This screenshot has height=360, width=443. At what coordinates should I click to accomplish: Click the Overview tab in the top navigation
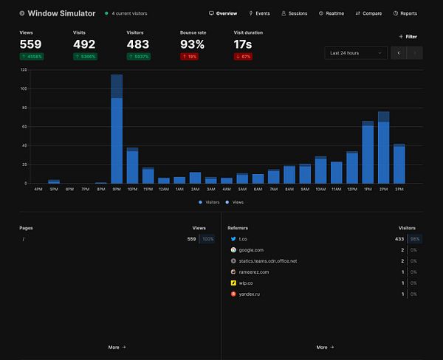[223, 13]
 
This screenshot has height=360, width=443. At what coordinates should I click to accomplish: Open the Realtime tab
[332, 13]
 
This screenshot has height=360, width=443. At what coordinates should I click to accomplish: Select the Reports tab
[405, 13]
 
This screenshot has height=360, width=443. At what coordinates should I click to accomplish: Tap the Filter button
[408, 36]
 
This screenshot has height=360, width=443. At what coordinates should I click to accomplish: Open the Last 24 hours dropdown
[355, 52]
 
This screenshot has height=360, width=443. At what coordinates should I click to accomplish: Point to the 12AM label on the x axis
[163, 189]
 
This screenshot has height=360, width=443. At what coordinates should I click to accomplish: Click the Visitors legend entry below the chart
[210, 201]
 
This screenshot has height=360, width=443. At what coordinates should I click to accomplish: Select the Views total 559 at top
[30, 44]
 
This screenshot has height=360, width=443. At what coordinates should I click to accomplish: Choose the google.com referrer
[250, 250]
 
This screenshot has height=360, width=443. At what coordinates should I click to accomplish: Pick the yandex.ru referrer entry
[250, 294]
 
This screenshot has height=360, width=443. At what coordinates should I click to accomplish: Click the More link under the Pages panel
[117, 347]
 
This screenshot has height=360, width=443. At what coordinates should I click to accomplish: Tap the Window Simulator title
[62, 13]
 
